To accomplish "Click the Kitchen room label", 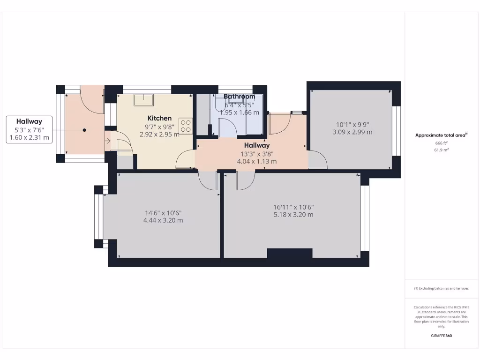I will (x=159, y=118).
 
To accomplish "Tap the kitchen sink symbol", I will (x=144, y=100).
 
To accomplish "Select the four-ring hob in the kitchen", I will (x=186, y=125).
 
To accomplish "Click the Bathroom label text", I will (x=239, y=97).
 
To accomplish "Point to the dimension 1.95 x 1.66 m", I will (x=239, y=112).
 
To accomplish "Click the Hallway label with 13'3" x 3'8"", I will (x=256, y=145).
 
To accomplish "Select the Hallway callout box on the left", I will (x=29, y=129).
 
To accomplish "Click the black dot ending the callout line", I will (x=85, y=130).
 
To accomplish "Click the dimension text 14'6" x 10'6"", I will (x=163, y=212).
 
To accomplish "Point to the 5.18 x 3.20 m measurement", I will (x=293, y=215).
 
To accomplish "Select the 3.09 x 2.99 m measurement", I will (x=352, y=132).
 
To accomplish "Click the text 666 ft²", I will (x=441, y=143).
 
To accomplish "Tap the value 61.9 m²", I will (x=441, y=150).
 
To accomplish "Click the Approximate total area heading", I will (x=441, y=135).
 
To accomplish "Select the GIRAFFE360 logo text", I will (x=441, y=336).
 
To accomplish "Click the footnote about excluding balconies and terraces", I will (x=441, y=288).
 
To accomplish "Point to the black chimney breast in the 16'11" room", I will (x=289, y=253).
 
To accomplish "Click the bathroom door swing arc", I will (x=226, y=127).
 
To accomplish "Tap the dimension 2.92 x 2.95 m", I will (x=159, y=134).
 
